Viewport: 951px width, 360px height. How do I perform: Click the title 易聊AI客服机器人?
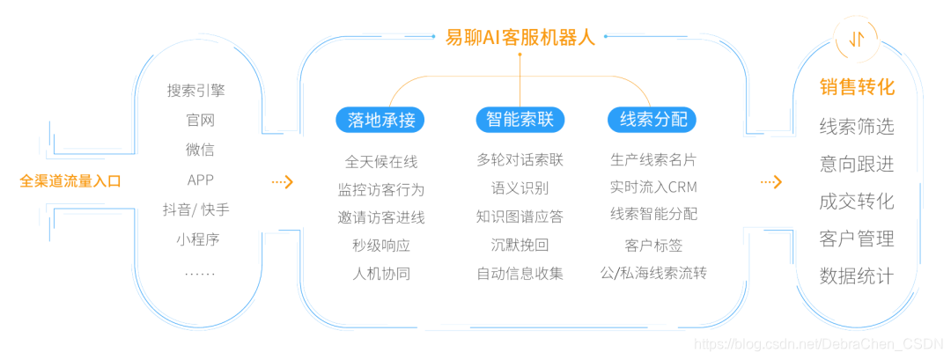click(x=520, y=38)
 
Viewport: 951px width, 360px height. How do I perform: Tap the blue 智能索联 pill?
click(x=520, y=120)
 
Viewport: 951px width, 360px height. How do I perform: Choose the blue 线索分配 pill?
click(x=652, y=120)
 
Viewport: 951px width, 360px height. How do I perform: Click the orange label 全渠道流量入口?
click(x=70, y=181)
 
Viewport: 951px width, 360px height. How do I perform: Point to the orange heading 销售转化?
click(x=856, y=87)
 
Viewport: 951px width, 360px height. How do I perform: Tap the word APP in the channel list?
click(x=201, y=180)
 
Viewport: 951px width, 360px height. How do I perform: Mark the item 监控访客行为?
click(x=380, y=189)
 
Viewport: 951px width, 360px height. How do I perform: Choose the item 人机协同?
click(x=380, y=273)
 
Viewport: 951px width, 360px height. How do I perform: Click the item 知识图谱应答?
click(x=520, y=217)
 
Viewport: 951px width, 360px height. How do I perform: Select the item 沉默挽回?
click(x=520, y=245)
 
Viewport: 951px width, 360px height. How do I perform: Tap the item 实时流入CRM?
click(x=652, y=187)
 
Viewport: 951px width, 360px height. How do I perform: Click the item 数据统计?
click(x=856, y=276)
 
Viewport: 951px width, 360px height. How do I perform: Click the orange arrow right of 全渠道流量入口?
click(x=282, y=182)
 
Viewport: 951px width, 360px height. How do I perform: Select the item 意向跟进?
click(x=856, y=164)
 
